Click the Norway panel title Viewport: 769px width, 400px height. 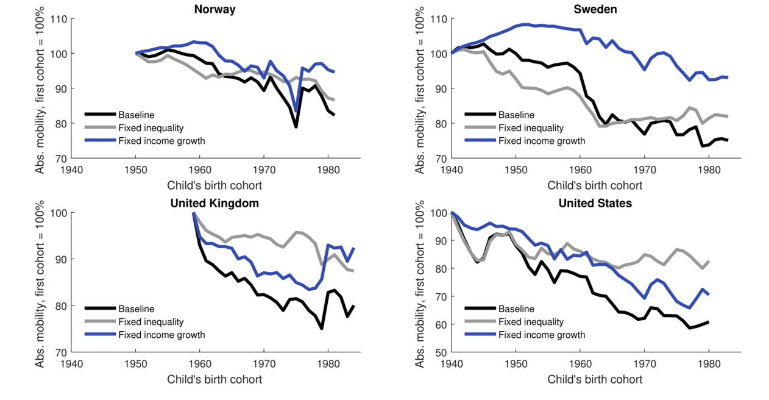[x=215, y=9]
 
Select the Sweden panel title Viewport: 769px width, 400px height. [x=595, y=9]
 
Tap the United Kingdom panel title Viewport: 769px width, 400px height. [x=215, y=203]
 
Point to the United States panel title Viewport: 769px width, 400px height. [x=595, y=203]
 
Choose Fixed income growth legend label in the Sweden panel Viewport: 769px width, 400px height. [x=541, y=141]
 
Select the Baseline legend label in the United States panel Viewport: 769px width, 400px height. [x=516, y=309]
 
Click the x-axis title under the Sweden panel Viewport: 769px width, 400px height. [x=595, y=185]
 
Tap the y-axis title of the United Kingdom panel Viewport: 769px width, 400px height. [x=40, y=282]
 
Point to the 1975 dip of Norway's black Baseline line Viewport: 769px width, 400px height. [x=296, y=126]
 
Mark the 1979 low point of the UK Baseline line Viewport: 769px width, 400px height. [x=321, y=329]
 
